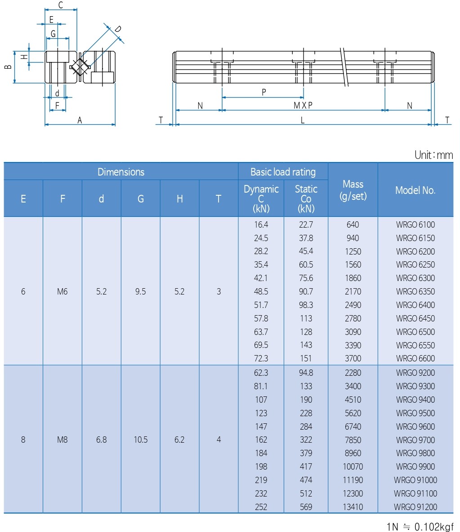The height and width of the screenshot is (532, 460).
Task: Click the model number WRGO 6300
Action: tap(415, 278)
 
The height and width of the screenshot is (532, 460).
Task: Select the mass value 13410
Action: tap(353, 507)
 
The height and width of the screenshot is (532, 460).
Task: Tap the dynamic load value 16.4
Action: tap(261, 224)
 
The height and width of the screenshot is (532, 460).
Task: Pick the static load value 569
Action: tap(306, 507)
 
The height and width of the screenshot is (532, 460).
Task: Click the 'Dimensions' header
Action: tap(121, 172)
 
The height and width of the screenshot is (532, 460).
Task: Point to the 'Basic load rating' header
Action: tap(283, 172)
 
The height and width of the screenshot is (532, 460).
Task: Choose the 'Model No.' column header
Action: tap(415, 190)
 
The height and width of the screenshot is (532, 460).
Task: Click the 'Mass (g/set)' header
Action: tap(353, 190)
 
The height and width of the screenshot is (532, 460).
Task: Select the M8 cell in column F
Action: tap(62, 440)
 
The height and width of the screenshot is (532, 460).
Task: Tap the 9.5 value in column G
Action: tap(140, 291)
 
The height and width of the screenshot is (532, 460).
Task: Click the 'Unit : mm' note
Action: tap(433, 155)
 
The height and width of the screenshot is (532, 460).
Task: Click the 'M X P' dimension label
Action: tap(303, 106)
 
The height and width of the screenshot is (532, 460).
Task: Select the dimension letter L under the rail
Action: tap(303, 120)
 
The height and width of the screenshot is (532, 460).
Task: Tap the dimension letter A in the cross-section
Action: tap(80, 120)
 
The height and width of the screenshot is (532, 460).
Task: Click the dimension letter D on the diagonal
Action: tap(117, 29)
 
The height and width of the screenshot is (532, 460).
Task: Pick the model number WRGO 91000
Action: tap(415, 480)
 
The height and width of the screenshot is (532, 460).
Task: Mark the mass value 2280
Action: tap(353, 373)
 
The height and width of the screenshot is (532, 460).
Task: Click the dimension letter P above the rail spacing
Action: tap(264, 92)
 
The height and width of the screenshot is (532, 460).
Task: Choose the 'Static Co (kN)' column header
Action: tap(306, 198)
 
